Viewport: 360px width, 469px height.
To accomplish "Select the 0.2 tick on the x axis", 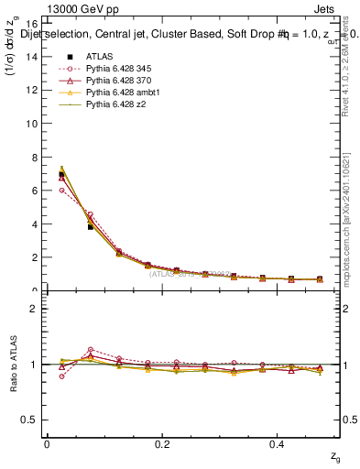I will coord(162,444).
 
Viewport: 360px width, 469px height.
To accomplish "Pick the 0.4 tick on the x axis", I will coord(278,444).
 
